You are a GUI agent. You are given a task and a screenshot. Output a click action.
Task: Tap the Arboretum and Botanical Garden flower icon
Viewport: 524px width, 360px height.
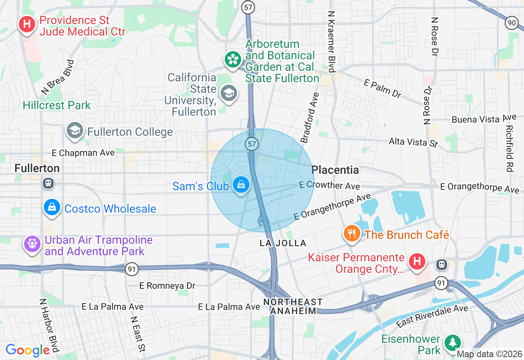point(233,60)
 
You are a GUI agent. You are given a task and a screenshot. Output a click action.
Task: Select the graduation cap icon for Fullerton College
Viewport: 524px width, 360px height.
point(75,131)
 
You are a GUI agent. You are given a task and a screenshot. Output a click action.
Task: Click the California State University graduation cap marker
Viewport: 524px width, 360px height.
point(229,94)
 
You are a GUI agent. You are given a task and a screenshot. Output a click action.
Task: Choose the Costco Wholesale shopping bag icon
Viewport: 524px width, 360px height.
point(52,208)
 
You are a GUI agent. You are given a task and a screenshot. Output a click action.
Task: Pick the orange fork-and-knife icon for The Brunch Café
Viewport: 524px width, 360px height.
point(352,234)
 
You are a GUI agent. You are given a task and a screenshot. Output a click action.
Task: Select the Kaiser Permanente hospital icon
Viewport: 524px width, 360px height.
point(417,261)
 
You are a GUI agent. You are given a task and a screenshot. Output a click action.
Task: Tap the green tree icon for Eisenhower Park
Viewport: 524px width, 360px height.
point(453,342)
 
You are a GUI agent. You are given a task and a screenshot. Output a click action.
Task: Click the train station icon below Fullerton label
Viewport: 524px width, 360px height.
point(48,183)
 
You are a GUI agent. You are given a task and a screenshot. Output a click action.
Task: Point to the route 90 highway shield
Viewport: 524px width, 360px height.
point(511,23)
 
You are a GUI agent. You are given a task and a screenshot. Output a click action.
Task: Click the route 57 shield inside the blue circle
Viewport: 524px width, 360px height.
point(252,144)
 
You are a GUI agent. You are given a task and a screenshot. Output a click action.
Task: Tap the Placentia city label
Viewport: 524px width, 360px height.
point(335,170)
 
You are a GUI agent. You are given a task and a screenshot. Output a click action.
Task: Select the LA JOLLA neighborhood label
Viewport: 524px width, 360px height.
point(283,243)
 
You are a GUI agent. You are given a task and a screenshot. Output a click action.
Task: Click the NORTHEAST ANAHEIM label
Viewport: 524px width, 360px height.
point(293,306)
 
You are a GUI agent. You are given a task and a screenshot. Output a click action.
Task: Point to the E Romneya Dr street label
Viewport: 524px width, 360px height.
point(167,286)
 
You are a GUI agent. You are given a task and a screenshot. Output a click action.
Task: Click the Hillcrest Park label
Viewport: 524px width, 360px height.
point(56,105)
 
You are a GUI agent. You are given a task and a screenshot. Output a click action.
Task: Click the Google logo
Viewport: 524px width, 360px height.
point(28,350)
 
